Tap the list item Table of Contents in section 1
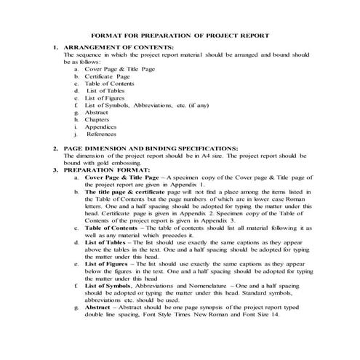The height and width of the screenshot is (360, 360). [x=112, y=84]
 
